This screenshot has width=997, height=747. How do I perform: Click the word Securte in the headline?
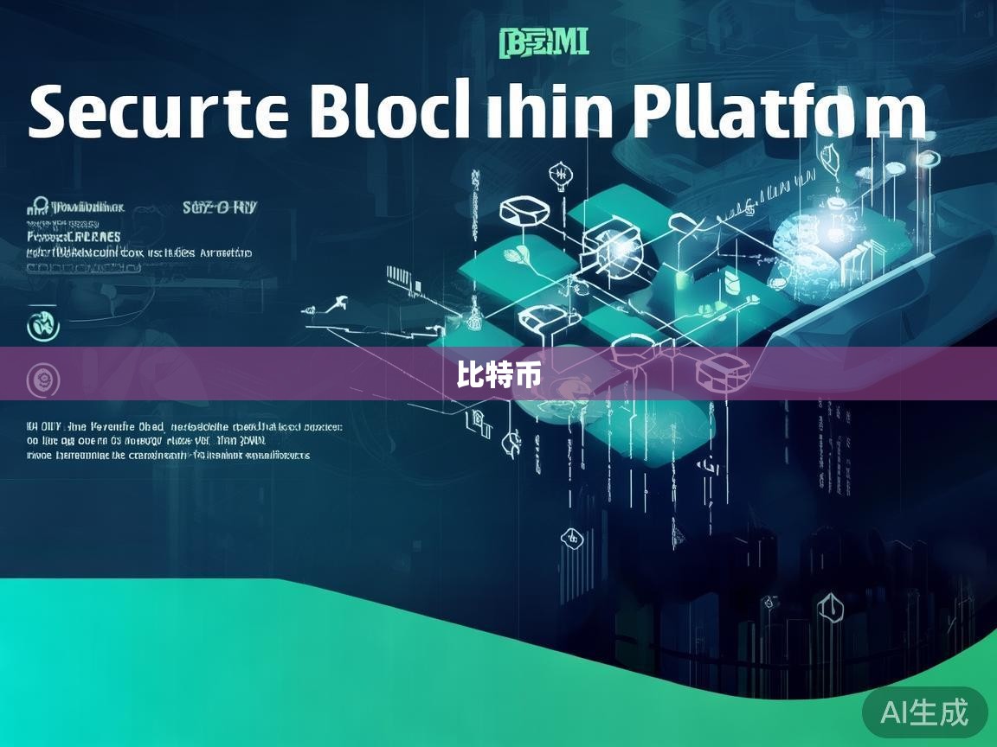click(x=158, y=113)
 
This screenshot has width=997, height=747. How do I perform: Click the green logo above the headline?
click(x=544, y=42)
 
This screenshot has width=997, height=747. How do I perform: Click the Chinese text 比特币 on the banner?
click(x=499, y=374)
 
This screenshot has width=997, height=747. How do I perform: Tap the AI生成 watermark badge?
click(x=924, y=712)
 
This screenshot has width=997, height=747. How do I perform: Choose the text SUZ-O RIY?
click(x=220, y=207)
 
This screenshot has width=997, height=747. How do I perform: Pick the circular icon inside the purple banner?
click(x=41, y=380)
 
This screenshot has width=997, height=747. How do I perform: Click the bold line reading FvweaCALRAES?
click(x=74, y=236)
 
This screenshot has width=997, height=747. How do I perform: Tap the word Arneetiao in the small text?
click(x=226, y=253)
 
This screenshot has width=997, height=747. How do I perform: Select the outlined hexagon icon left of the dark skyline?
click(x=572, y=538)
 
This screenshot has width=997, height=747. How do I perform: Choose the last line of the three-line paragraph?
click(x=169, y=454)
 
